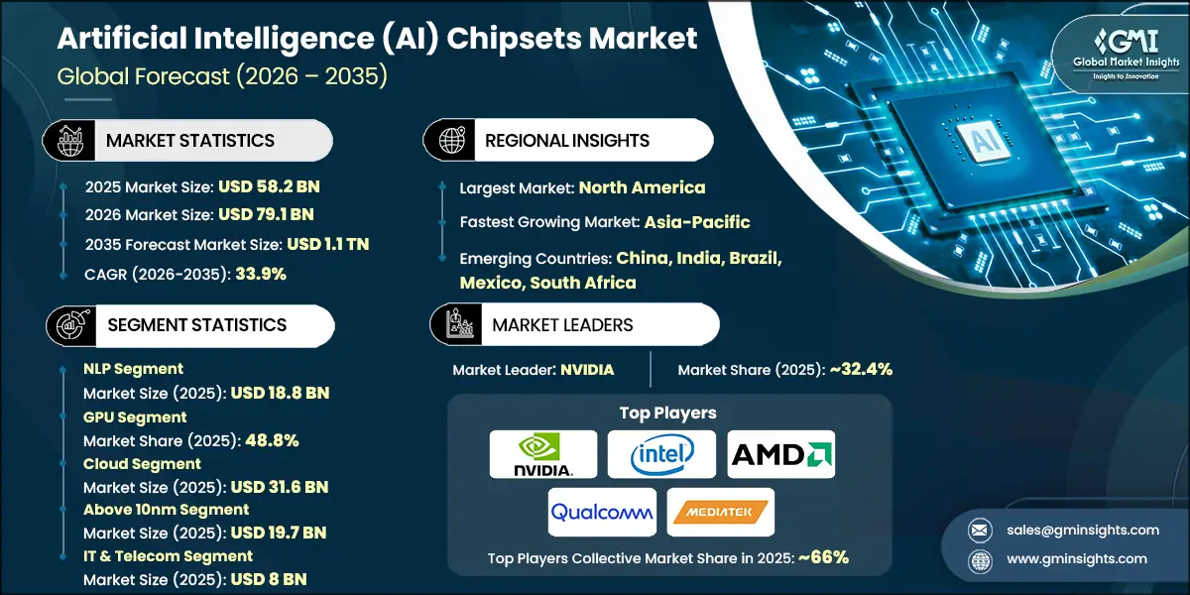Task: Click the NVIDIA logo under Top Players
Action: click(x=543, y=454)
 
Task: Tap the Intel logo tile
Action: click(x=661, y=454)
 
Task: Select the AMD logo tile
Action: click(x=781, y=454)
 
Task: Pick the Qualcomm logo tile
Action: click(x=602, y=512)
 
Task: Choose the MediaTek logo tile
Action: click(x=721, y=512)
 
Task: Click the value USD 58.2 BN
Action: click(x=270, y=185)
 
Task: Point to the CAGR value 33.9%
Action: click(x=261, y=274)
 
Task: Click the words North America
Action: click(x=642, y=186)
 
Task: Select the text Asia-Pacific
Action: click(x=696, y=221)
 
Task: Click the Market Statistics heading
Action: click(x=190, y=140)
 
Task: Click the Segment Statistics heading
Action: click(x=196, y=324)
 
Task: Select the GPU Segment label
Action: click(x=135, y=417)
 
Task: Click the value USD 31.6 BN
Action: click(x=279, y=487)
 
